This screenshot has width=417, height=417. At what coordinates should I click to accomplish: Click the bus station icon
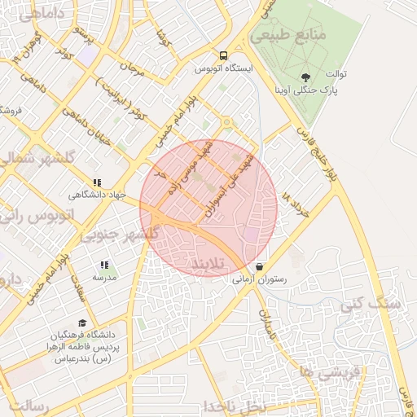(x=223, y=56)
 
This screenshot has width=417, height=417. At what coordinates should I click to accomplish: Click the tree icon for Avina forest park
(x=305, y=77)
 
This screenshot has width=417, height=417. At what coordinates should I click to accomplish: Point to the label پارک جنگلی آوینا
(x=312, y=90)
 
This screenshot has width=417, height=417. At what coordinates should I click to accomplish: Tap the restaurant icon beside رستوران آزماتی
(x=259, y=266)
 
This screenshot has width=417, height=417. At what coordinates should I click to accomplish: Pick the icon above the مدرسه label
(x=103, y=266)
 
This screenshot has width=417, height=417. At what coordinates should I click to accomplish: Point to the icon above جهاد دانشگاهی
(x=97, y=182)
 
